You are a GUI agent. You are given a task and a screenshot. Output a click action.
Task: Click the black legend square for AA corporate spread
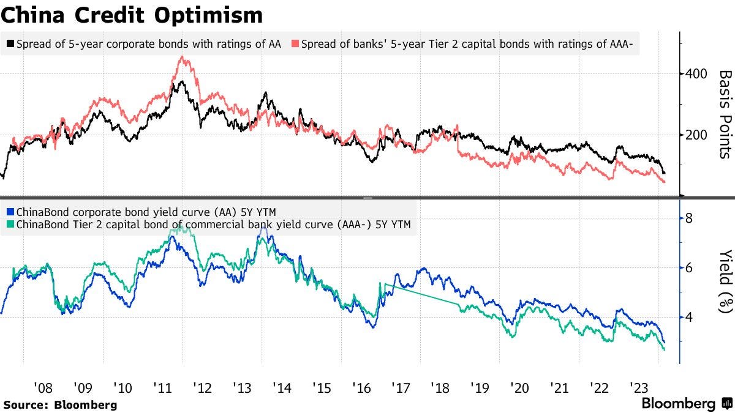tap(11, 44)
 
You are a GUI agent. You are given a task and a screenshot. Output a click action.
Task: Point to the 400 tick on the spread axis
tap(696, 74)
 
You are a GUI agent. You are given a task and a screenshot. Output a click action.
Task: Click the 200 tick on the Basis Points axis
tap(696, 135)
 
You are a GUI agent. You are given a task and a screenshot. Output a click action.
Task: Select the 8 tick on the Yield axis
tap(689, 218)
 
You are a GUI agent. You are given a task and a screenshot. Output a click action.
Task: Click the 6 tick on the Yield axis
tap(689, 268)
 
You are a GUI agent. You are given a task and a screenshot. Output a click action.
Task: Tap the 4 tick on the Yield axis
tap(689, 317)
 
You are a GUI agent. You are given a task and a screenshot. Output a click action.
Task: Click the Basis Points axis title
tap(725, 114)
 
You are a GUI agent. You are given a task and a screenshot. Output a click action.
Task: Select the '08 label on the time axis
tap(43, 387)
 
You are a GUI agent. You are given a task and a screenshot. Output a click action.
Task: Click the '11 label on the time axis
tap(162, 387)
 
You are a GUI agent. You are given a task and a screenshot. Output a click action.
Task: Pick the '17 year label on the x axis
tap(401, 387)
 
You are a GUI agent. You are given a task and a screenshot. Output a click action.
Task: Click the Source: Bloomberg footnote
tap(59, 404)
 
